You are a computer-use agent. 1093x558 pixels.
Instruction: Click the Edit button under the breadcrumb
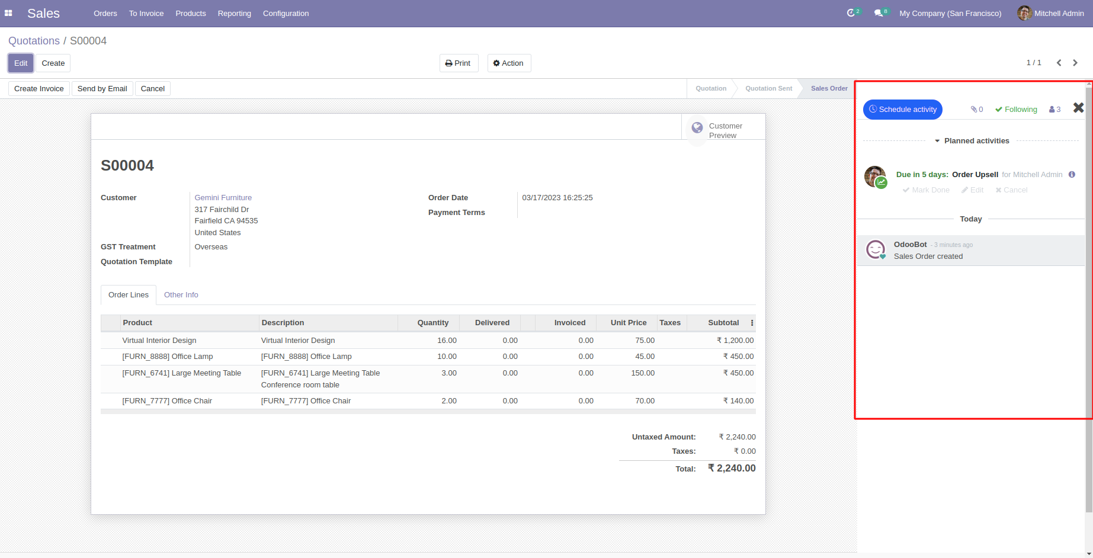21,63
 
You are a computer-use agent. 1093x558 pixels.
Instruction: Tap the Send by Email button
102,89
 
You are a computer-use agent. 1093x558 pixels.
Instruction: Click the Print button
459,63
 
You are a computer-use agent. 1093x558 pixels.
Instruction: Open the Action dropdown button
509,63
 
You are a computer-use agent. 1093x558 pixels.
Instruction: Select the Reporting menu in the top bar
235,14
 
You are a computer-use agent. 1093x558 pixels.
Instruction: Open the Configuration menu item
286,14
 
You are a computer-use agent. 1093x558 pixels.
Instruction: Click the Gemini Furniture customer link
223,198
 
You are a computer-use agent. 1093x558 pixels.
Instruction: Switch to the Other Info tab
181,295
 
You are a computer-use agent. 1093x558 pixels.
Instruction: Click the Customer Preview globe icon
697,127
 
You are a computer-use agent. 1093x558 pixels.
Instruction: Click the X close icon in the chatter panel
1078,108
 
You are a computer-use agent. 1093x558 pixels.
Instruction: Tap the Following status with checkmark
1016,110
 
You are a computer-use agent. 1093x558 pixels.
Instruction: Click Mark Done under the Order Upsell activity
926,190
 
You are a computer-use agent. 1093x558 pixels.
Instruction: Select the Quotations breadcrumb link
34,41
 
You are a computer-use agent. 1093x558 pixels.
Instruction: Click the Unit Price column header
629,323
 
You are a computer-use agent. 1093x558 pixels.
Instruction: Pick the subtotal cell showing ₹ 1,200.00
735,341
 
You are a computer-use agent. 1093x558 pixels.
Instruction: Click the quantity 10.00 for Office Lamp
447,357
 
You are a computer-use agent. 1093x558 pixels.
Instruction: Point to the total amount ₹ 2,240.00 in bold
732,469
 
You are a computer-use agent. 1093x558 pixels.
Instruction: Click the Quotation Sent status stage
768,89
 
